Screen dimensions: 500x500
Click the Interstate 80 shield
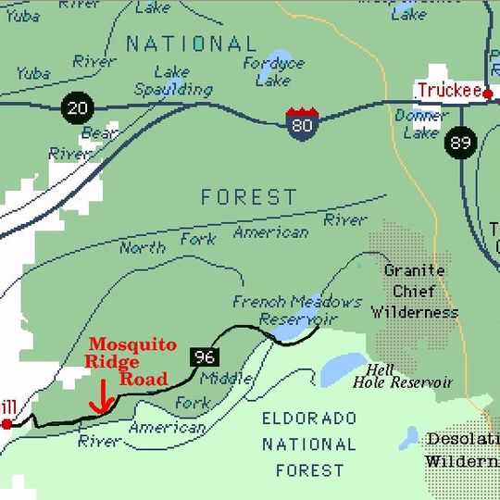[x=302, y=123]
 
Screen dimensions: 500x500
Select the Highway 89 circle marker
[x=459, y=142]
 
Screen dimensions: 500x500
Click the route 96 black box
[x=205, y=355]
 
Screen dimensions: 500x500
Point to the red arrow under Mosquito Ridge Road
[x=102, y=400]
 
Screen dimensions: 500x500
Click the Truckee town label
[x=448, y=90]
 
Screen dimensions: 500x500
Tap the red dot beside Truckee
[x=488, y=94]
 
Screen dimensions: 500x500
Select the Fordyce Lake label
[x=273, y=71]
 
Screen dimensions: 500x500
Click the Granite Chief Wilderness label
[x=414, y=291]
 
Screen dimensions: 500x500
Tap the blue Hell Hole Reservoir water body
[x=344, y=370]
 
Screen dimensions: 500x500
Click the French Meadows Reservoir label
[x=296, y=309]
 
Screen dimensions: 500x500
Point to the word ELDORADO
[x=309, y=419]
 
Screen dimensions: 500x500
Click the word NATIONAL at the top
[x=191, y=44]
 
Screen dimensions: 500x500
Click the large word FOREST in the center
[x=249, y=197]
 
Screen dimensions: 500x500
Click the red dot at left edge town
[x=6, y=423]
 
